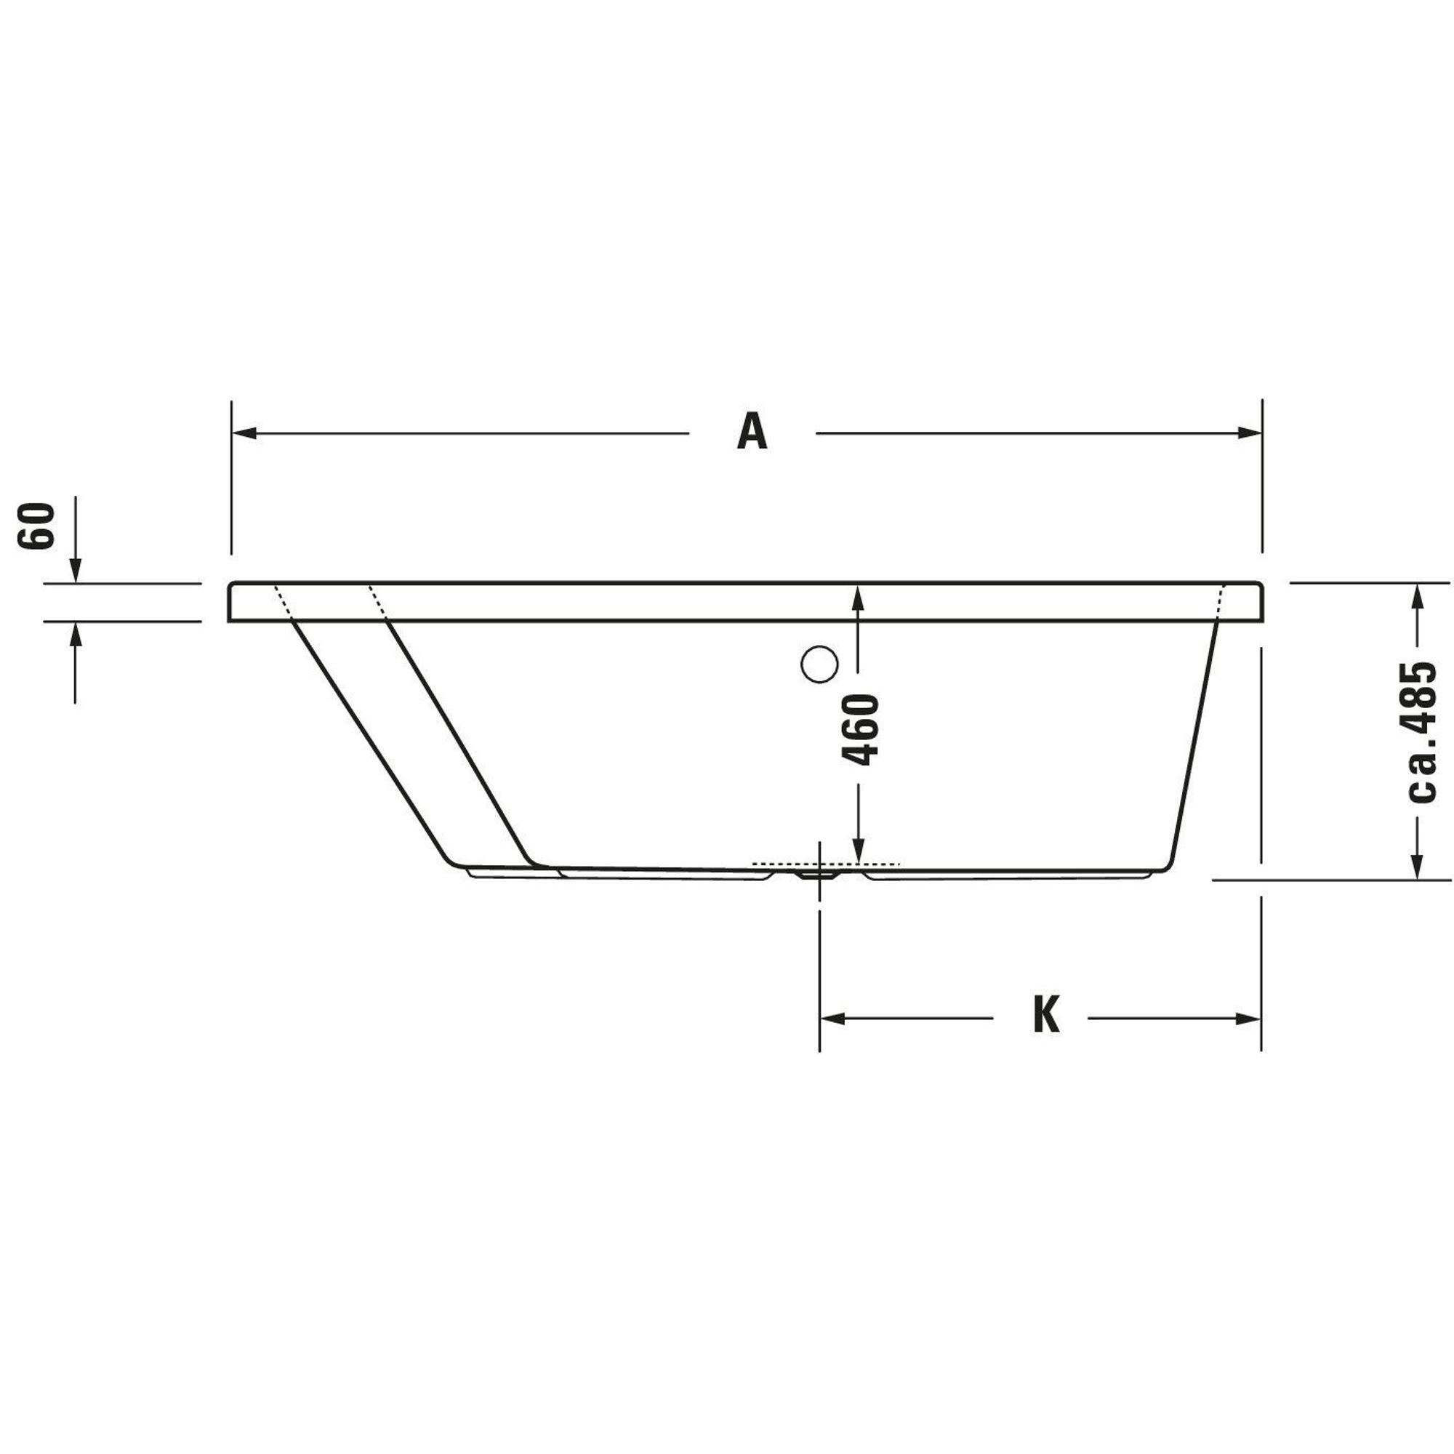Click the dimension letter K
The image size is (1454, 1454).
tap(1046, 1015)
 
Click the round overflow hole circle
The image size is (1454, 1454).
tap(819, 664)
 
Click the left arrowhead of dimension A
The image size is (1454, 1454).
tap(244, 433)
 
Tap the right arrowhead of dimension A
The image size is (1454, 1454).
tap(1249, 433)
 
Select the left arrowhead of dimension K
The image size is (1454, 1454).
tap(832, 1019)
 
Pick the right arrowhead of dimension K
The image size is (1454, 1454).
tap(1248, 1019)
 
